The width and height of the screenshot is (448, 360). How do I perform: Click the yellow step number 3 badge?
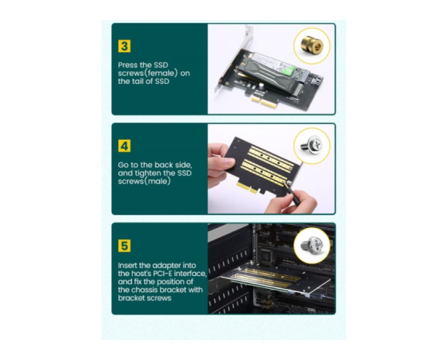pyautogui.click(x=124, y=46)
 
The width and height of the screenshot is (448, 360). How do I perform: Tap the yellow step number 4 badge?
pyautogui.click(x=124, y=146)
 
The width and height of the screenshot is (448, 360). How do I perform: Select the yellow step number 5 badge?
pyautogui.click(x=124, y=246)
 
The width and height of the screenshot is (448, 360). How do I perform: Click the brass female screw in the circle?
pyautogui.click(x=312, y=46)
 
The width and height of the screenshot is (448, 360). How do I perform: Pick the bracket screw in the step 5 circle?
pyautogui.click(x=312, y=245)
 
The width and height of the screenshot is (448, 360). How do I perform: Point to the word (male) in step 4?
pyautogui.click(x=157, y=182)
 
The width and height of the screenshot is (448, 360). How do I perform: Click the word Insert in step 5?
pyautogui.click(x=128, y=266)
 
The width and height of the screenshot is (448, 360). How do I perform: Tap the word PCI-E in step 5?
pyautogui.click(x=162, y=274)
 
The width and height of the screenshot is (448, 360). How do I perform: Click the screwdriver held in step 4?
pyautogui.click(x=292, y=192)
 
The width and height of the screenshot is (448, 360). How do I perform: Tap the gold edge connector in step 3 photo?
pyautogui.click(x=264, y=102)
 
